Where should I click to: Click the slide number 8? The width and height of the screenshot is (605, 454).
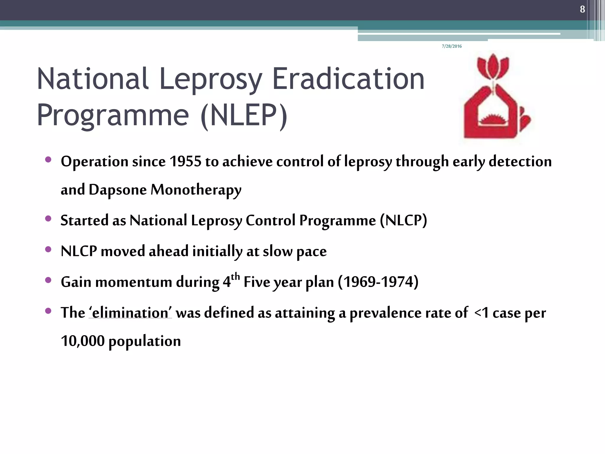coord(582,9)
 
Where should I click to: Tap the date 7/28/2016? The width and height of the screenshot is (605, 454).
coord(452,46)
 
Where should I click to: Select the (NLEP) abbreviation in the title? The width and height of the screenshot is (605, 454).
coord(244,115)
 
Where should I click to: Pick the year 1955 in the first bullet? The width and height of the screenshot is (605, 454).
coord(185,162)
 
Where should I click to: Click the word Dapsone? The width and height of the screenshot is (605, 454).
coord(118,190)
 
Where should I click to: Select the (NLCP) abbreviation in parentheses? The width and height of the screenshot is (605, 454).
coord(404,220)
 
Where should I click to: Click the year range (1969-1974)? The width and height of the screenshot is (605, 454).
coord(378,282)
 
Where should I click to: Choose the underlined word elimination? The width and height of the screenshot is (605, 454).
coord(130,313)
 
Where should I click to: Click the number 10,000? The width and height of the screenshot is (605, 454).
coord(83,341)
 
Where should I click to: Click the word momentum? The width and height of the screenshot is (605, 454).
coord(134,282)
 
